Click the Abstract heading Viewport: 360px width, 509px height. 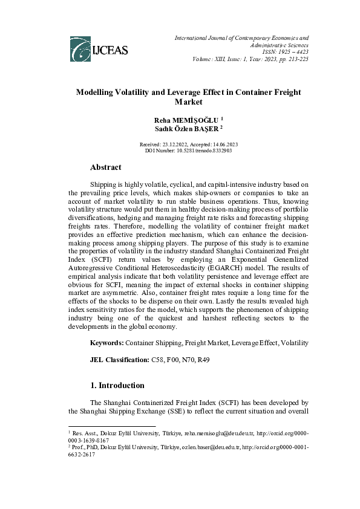tap(105, 167)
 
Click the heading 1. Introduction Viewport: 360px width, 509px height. tap(117, 385)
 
